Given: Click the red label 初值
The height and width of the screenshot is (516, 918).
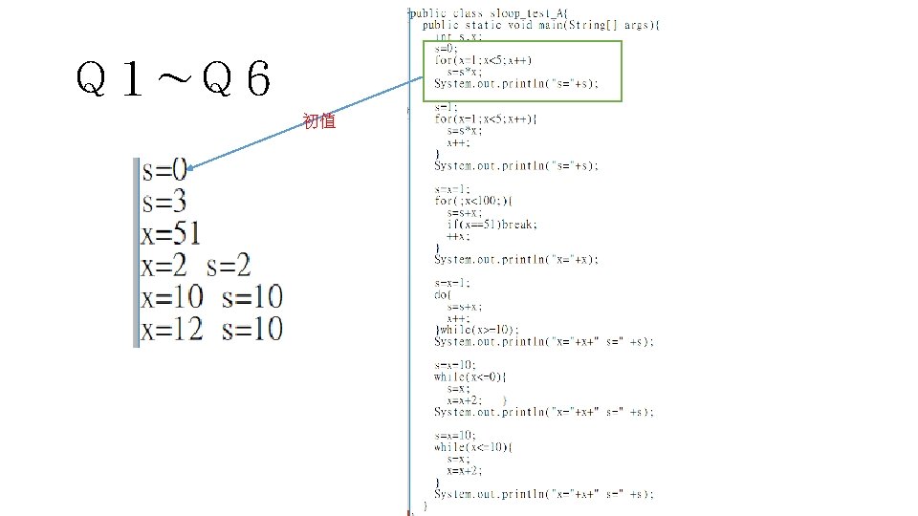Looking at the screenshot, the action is click(x=318, y=121).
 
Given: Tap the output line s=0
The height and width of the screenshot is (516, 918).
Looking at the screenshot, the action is click(x=164, y=172).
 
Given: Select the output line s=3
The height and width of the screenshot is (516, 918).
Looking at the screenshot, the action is click(x=164, y=202).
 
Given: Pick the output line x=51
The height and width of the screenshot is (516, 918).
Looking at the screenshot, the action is click(x=171, y=233).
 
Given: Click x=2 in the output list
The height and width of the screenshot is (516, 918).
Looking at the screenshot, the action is click(x=164, y=265).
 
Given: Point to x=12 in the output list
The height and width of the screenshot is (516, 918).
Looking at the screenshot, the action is click(x=172, y=330).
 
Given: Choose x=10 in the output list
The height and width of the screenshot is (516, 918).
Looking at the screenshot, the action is click(x=172, y=297).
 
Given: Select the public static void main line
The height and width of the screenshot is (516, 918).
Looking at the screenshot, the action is click(x=539, y=25).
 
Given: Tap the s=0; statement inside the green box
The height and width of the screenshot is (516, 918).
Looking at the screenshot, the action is click(x=446, y=48).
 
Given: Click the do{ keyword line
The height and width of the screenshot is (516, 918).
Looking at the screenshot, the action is click(x=443, y=294).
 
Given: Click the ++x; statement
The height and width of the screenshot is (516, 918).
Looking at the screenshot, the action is click(x=457, y=236).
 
